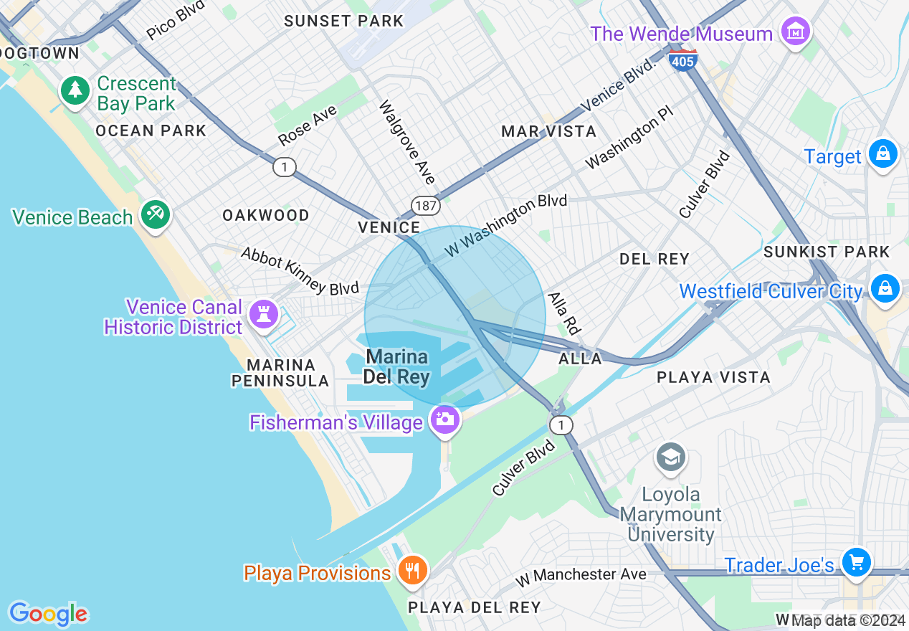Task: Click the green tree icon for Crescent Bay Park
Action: click(x=74, y=90)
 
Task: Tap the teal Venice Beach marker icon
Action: click(x=155, y=214)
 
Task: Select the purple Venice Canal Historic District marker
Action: click(x=262, y=313)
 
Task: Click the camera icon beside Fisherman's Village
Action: click(x=444, y=418)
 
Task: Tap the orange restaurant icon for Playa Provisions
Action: click(x=411, y=570)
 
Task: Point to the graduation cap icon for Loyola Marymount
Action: click(x=671, y=457)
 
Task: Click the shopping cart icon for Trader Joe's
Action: click(x=856, y=561)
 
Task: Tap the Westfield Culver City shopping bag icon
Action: click(x=885, y=288)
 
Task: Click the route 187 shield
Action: click(x=425, y=206)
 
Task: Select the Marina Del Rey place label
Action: click(x=396, y=366)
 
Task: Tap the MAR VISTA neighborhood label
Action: click(x=548, y=131)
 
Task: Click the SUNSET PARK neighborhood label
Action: click(x=343, y=21)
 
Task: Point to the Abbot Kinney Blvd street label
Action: click(x=300, y=271)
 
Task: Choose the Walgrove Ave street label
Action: click(x=407, y=142)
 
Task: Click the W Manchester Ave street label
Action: click(x=581, y=574)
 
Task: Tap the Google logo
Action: click(x=48, y=614)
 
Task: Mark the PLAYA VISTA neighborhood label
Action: click(x=713, y=377)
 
